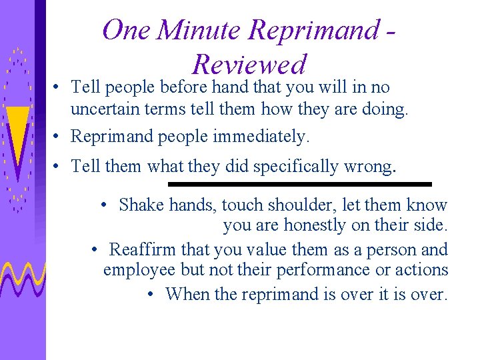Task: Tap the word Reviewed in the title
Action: coord(249,65)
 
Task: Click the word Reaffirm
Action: coord(142,250)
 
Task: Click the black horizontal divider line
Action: coord(299,184)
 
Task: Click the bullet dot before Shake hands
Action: coord(105,205)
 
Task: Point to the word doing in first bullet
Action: coord(383,109)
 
